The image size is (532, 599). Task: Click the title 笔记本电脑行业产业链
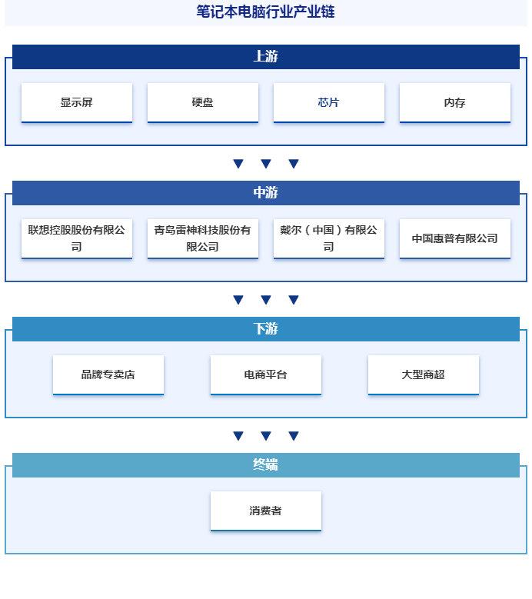[x=265, y=12]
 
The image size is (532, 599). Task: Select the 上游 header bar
[x=266, y=57]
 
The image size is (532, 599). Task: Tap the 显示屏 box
[x=77, y=103]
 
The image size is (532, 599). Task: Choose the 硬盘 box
[x=203, y=103]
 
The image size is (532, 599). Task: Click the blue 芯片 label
[x=328, y=102]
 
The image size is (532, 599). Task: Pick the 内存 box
[x=455, y=103]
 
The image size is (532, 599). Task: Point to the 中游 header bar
[x=266, y=193]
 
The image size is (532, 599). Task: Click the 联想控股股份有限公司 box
[x=77, y=239]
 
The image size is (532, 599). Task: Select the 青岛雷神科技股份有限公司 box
[x=203, y=239]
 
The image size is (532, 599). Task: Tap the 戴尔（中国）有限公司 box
[x=329, y=239]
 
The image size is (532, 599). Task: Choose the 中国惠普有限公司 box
[x=455, y=239]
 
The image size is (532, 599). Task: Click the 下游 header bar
[x=266, y=329]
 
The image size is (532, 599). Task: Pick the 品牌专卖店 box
[x=108, y=374]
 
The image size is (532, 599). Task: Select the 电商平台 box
[x=266, y=374]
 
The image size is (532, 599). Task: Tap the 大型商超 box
[x=423, y=374]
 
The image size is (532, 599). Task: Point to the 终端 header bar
[x=266, y=465]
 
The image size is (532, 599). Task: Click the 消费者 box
[x=266, y=511]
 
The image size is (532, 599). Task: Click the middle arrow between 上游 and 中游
[x=266, y=164]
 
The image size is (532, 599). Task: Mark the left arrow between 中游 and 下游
[x=238, y=300]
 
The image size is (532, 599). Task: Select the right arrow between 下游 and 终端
[x=294, y=436]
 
